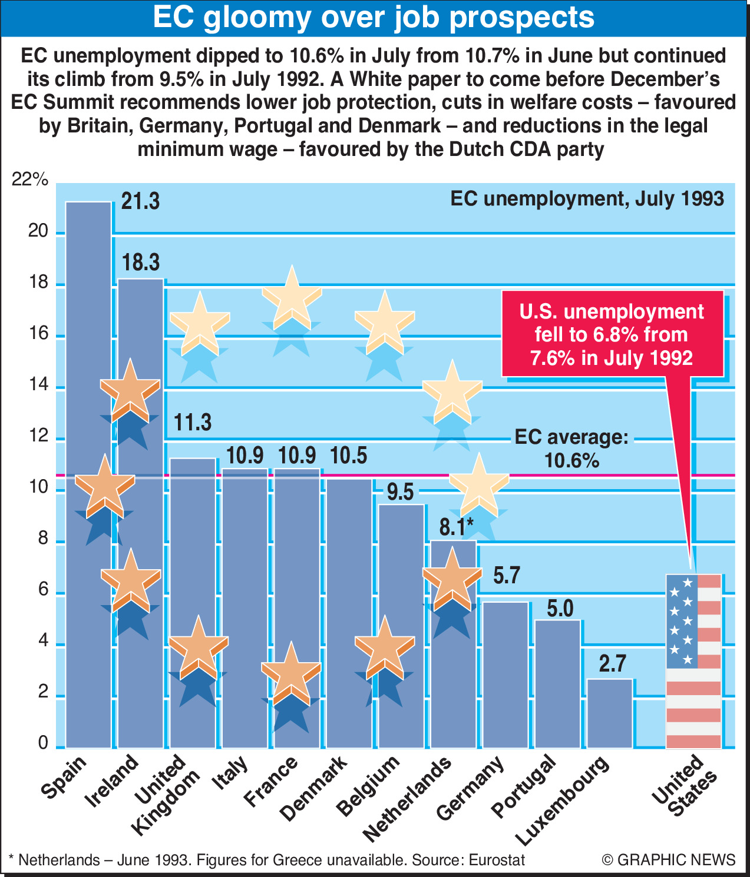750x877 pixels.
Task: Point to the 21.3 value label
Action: tap(140, 201)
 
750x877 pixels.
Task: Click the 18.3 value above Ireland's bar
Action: tap(140, 263)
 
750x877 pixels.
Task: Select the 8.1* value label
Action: tap(456, 527)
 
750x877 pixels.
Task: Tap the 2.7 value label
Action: tap(612, 664)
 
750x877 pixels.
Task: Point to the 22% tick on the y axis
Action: tap(30, 180)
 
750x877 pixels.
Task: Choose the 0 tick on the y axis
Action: tap(43, 743)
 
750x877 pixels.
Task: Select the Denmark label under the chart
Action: tap(313, 789)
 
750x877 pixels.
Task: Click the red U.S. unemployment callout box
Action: tap(612, 334)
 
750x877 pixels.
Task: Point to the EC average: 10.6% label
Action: tap(571, 449)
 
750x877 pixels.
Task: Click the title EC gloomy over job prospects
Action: tap(374, 18)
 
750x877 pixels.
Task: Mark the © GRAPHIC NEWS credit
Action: tap(669, 860)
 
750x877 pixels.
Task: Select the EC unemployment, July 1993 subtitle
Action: tap(587, 199)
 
